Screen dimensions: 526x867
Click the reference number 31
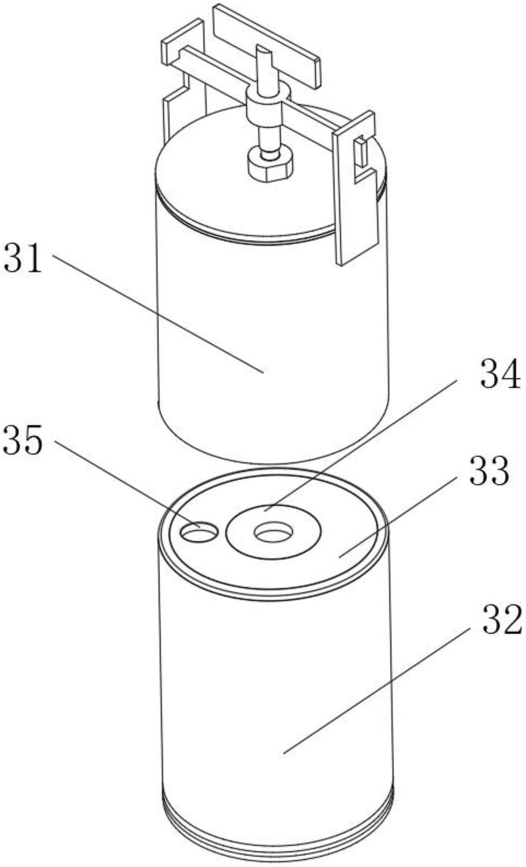[23, 259]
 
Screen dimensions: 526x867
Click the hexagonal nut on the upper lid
[270, 165]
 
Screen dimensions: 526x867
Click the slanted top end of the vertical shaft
[264, 51]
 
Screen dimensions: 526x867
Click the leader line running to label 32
[376, 690]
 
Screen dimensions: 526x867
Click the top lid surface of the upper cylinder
[218, 176]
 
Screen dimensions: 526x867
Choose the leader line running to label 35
[127, 482]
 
